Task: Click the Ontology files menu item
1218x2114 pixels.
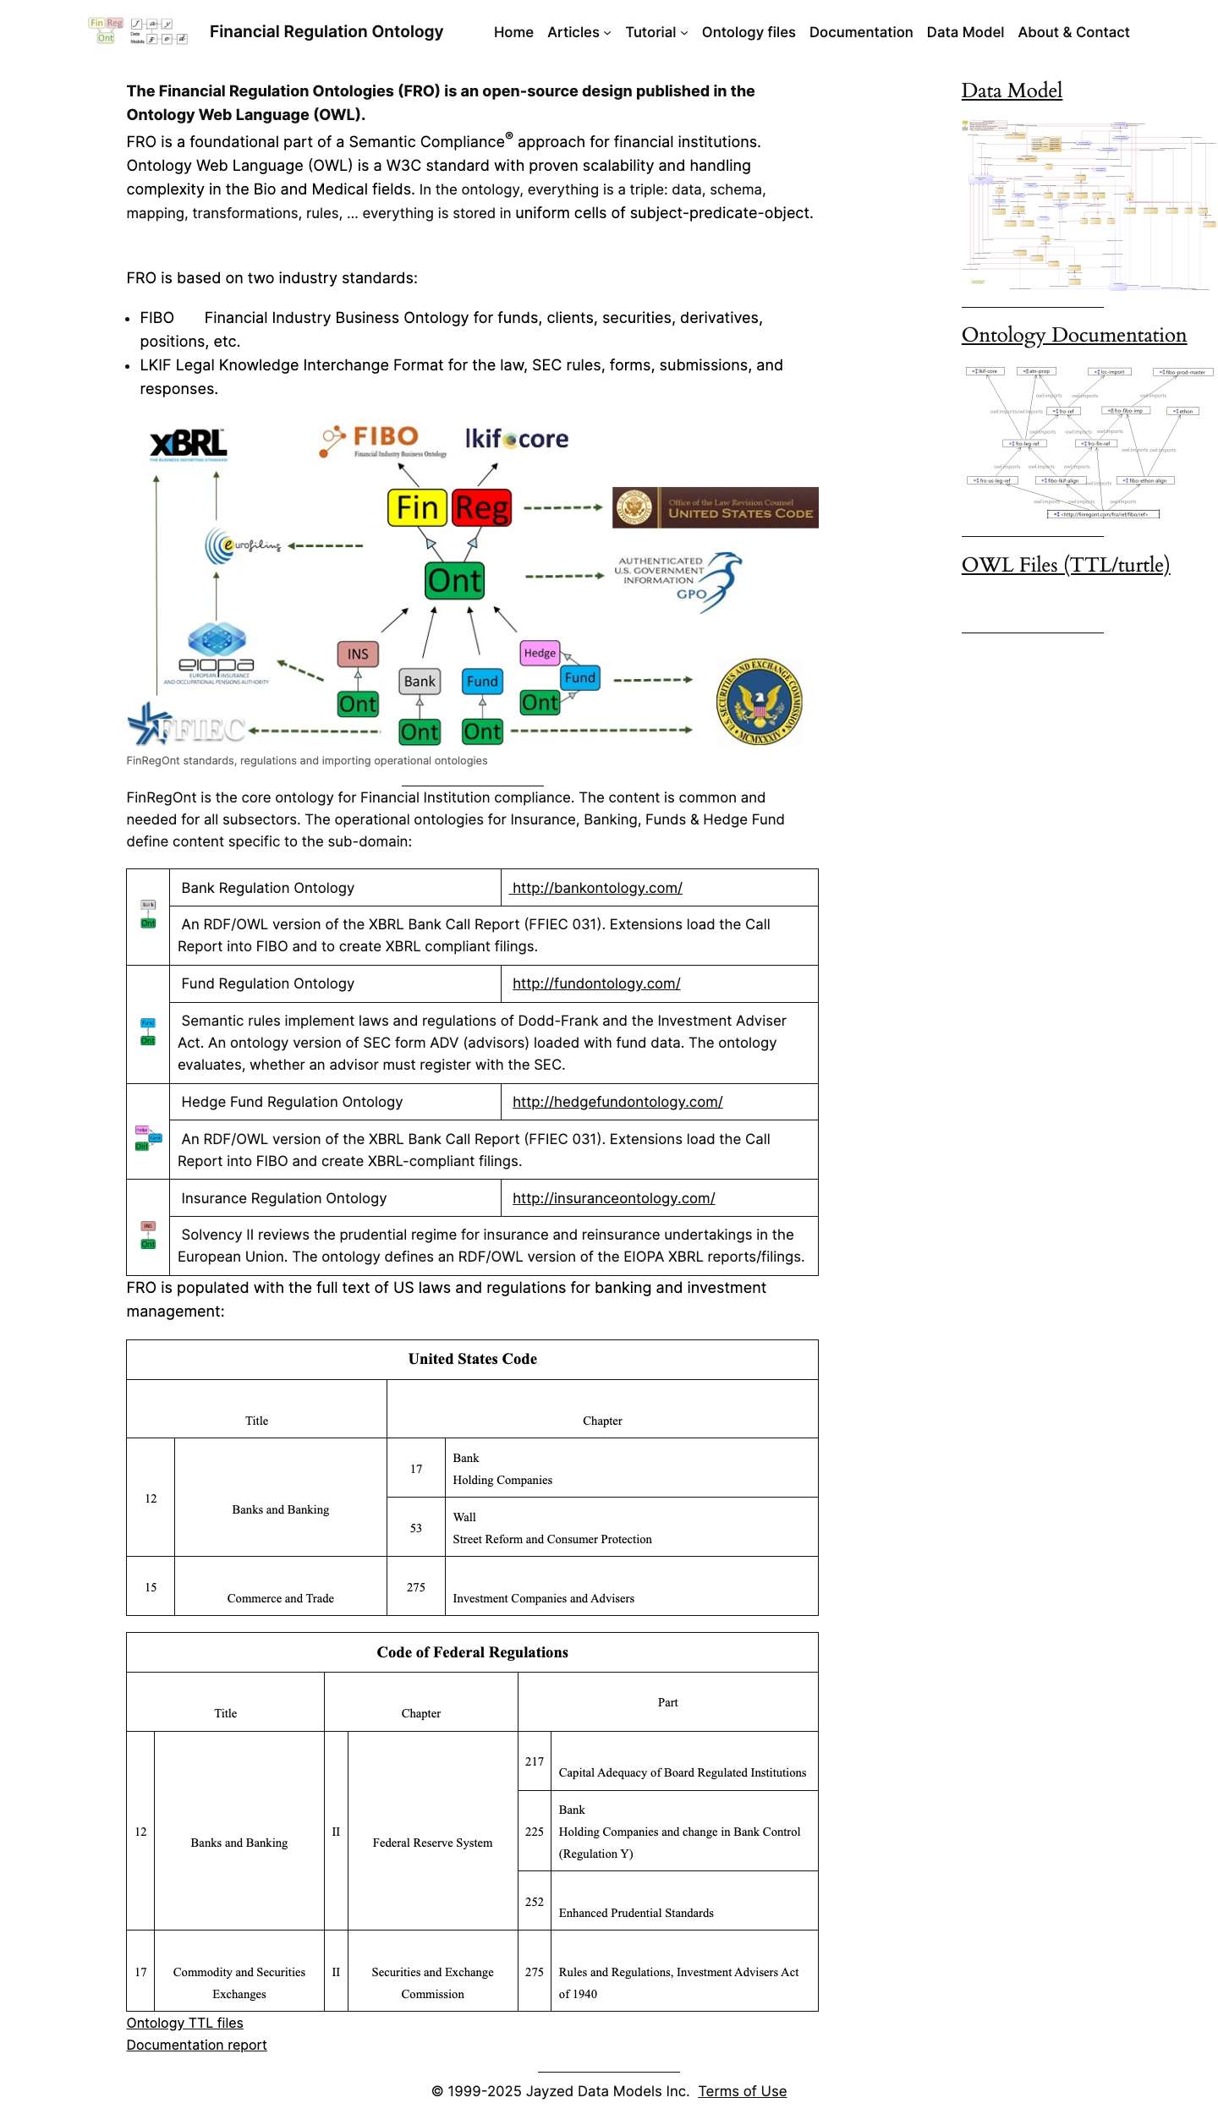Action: point(748,32)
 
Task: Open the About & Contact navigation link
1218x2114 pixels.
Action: point(1073,32)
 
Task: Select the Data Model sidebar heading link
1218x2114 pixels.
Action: point(1011,90)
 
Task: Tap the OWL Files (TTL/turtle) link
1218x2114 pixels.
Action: point(1065,565)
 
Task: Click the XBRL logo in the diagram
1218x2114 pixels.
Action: point(188,444)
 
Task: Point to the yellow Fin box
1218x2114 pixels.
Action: point(417,507)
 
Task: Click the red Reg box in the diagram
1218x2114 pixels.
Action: point(481,507)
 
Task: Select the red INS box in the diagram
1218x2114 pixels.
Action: point(358,654)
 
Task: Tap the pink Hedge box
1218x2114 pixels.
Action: point(540,653)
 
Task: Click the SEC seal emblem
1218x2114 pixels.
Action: point(760,702)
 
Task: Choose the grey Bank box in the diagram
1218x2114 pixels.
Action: point(420,681)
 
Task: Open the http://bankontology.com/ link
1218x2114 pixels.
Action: point(597,888)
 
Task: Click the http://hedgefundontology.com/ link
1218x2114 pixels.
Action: point(617,1102)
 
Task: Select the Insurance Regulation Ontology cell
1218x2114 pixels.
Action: point(284,1198)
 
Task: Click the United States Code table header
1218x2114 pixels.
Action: point(472,1359)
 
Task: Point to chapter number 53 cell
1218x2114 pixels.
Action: point(416,1528)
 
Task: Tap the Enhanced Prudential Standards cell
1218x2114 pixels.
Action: point(636,1913)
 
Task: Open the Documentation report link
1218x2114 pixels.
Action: point(196,2045)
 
